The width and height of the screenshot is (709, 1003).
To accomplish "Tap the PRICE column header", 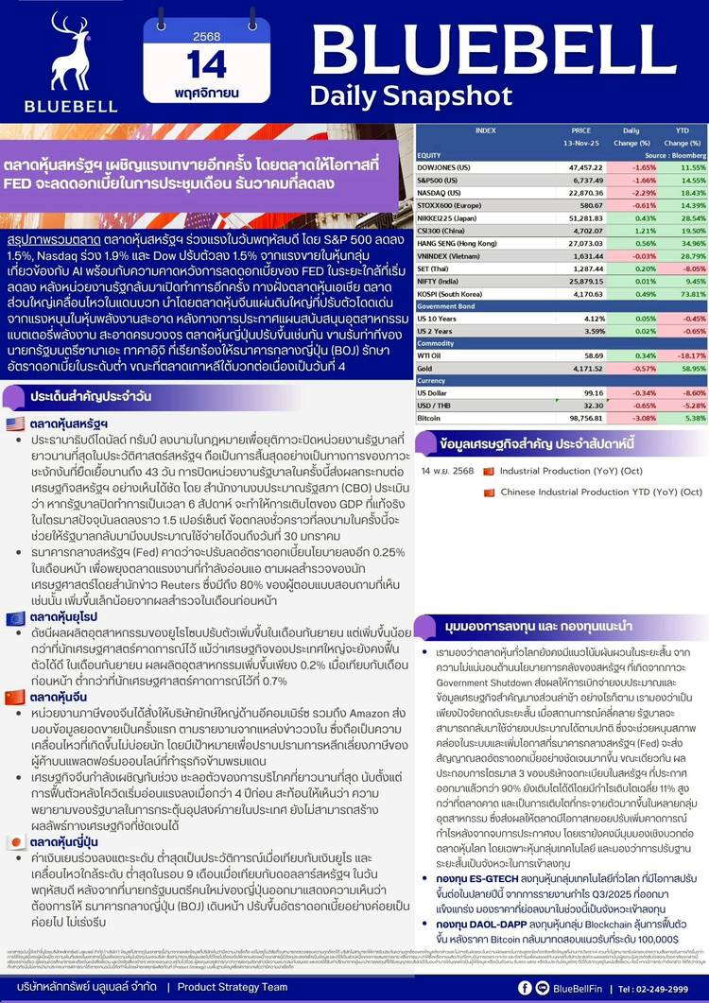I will click(580, 130).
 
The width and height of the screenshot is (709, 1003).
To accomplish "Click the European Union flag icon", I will click(15, 617).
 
